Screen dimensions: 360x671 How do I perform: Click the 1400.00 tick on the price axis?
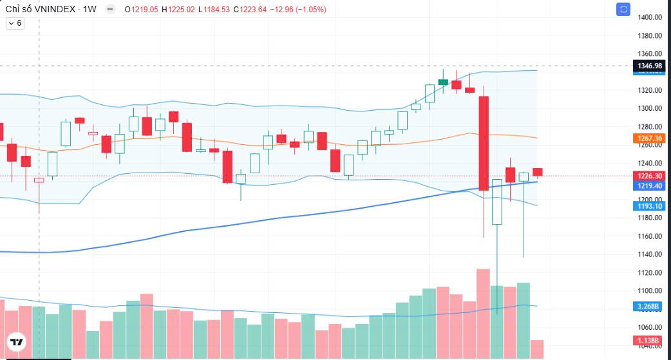pyautogui.click(x=650, y=17)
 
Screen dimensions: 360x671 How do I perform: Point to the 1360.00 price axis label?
pyautogui.click(x=650, y=54)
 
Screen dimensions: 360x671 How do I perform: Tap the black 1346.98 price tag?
pyautogui.click(x=650, y=66)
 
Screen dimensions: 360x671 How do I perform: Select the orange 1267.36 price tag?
pyautogui.click(x=650, y=138)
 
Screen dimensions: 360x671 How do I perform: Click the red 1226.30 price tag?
pyautogui.click(x=650, y=175)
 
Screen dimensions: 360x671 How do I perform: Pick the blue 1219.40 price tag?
pyautogui.click(x=650, y=185)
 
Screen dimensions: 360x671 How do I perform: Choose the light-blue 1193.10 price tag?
pyautogui.click(x=650, y=206)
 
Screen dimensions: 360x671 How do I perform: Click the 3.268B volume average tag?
pyautogui.click(x=650, y=307)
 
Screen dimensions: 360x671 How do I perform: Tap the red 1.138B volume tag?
pyautogui.click(x=650, y=340)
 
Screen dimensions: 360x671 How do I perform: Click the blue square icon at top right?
pyautogui.click(x=623, y=9)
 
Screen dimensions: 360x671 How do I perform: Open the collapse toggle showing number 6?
pyautogui.click(x=14, y=23)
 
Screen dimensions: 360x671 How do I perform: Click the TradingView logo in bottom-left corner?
pyautogui.click(x=17, y=342)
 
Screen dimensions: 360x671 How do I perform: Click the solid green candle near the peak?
pyautogui.click(x=443, y=82)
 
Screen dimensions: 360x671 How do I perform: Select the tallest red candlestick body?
pyautogui.click(x=484, y=143)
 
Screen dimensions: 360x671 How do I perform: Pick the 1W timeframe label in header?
pyautogui.click(x=90, y=10)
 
